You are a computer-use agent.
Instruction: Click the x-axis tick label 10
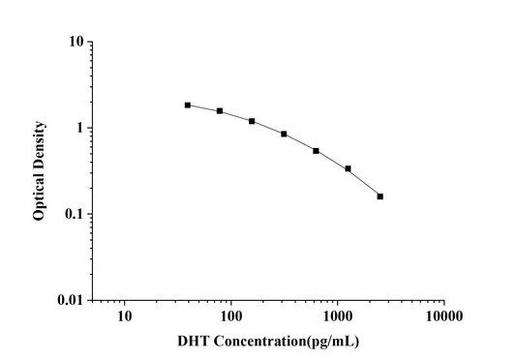click(124, 316)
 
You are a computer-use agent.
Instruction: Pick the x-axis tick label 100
click(230, 316)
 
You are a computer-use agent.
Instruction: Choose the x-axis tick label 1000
click(337, 316)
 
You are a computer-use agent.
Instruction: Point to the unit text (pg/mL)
click(336, 342)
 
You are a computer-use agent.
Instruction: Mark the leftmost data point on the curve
click(188, 105)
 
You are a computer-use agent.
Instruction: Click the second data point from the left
click(220, 111)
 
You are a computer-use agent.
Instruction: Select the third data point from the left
click(252, 121)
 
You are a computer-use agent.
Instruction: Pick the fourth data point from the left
click(284, 134)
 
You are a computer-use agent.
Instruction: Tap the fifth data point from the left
click(316, 150)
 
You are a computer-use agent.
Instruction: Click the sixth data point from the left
click(348, 168)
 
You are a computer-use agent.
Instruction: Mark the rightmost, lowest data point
click(379, 196)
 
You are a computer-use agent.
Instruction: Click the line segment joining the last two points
click(364, 183)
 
